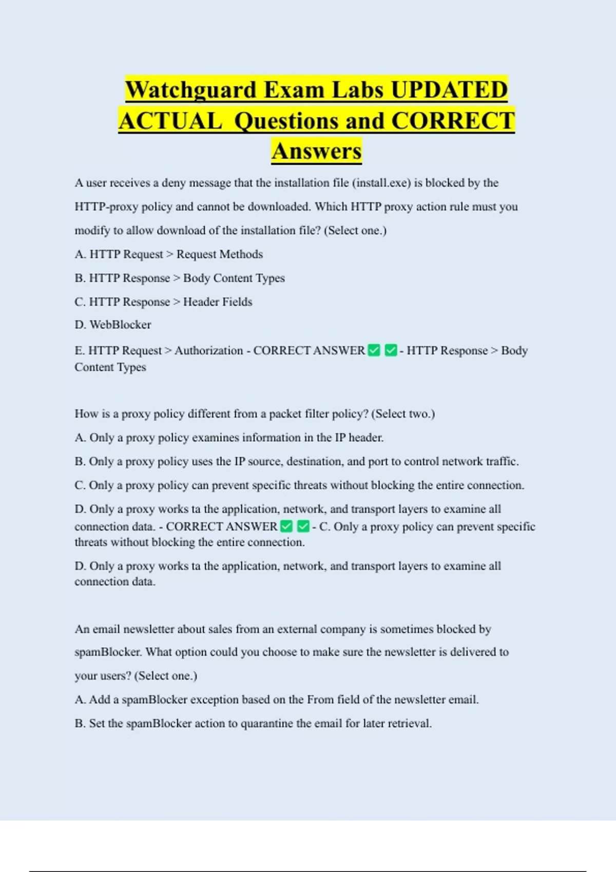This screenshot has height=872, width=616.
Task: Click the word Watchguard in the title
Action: pyautogui.click(x=191, y=90)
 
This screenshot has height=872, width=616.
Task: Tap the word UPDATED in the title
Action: pyautogui.click(x=449, y=90)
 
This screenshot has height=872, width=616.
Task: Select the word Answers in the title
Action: pyautogui.click(x=317, y=151)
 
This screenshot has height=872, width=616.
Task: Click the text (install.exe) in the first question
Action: pyautogui.click(x=381, y=183)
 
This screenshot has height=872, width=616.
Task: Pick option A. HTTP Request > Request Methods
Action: pyautogui.click(x=168, y=254)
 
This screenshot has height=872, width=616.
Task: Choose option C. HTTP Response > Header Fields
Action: pyautogui.click(x=163, y=302)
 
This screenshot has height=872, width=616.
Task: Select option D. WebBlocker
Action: pyautogui.click(x=113, y=325)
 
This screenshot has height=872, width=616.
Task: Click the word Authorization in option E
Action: pyautogui.click(x=208, y=350)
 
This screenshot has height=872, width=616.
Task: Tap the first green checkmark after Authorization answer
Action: pyautogui.click(x=374, y=350)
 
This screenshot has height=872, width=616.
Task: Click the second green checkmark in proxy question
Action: pyautogui.click(x=303, y=526)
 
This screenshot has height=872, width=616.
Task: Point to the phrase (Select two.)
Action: pyautogui.click(x=403, y=414)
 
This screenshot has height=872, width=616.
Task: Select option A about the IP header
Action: pyautogui.click(x=229, y=438)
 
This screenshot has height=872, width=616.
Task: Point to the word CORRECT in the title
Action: pyautogui.click(x=453, y=121)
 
